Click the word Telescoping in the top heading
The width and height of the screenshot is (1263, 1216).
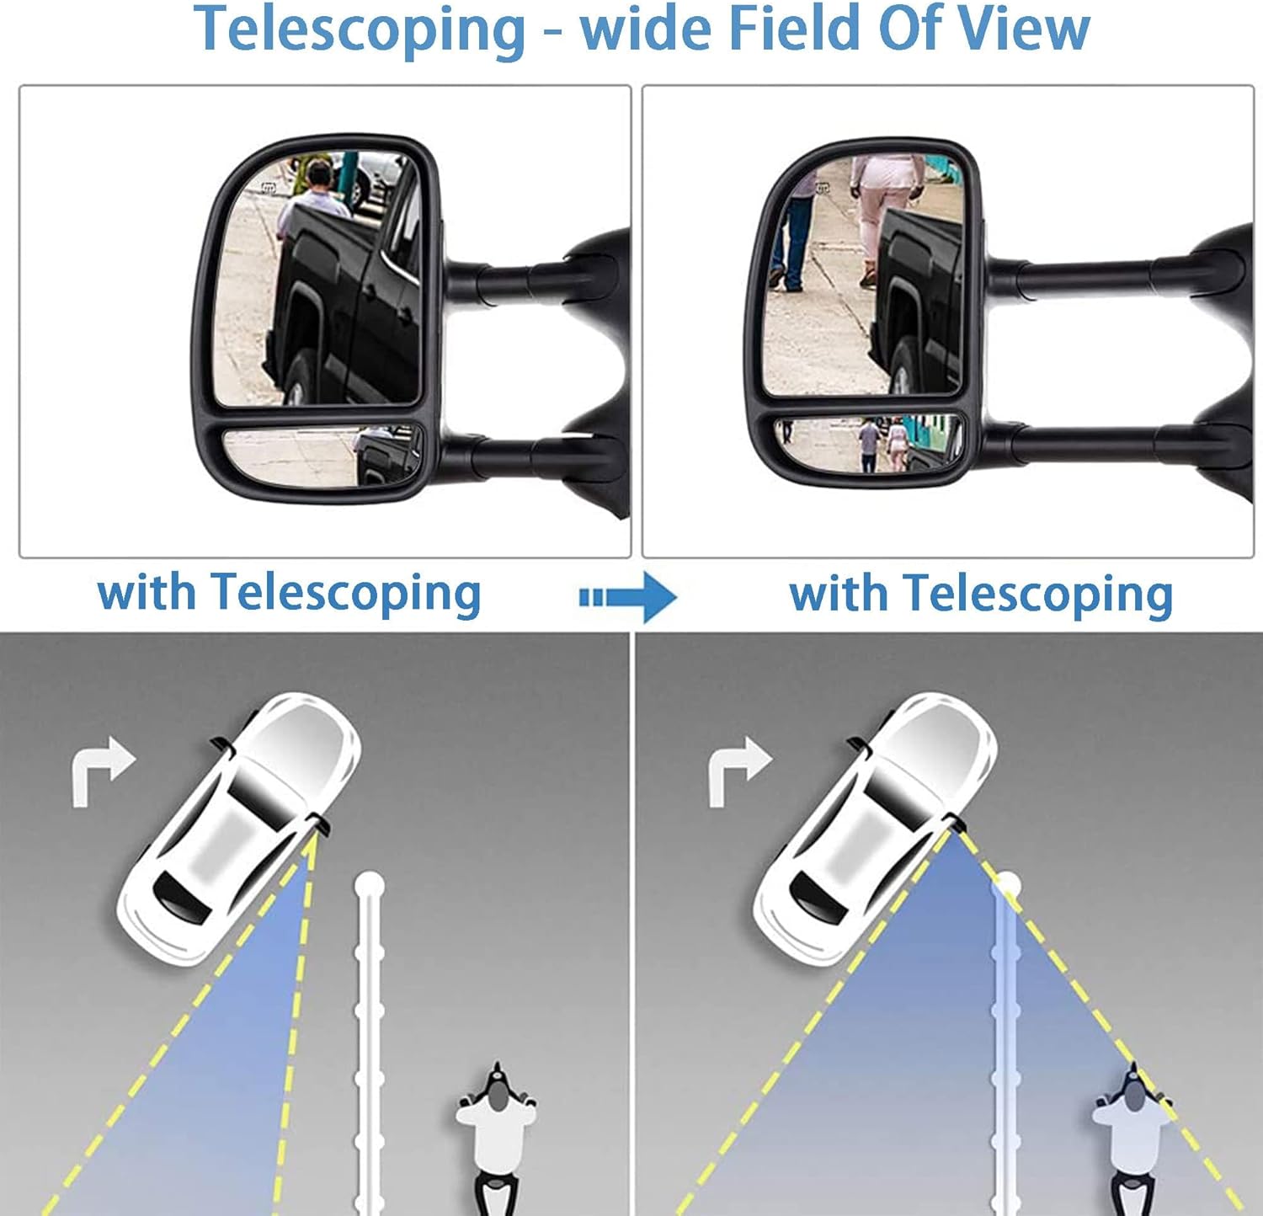pyautogui.click(x=360, y=30)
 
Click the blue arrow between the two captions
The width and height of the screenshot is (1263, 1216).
pyautogui.click(x=628, y=597)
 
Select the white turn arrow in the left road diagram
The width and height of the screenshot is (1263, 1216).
pyautogui.click(x=102, y=772)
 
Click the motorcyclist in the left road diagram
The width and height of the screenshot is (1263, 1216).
pyautogui.click(x=497, y=1137)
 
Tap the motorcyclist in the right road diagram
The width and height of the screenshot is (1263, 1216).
pyautogui.click(x=1133, y=1137)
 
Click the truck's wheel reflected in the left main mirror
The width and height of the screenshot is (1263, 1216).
pyautogui.click(x=301, y=378)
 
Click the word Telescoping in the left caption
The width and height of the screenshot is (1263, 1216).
pyautogui.click(x=346, y=594)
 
